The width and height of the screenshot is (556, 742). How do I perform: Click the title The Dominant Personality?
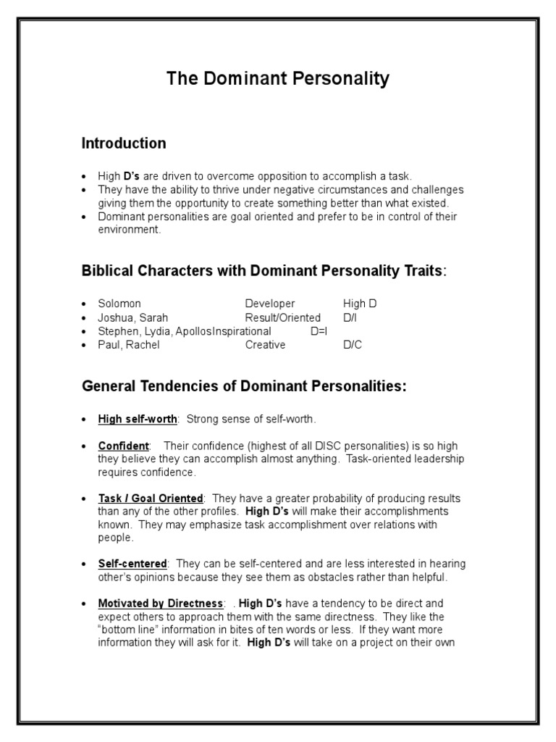tap(278, 78)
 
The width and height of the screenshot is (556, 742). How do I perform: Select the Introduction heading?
tap(124, 143)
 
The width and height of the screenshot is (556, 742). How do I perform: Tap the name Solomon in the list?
tap(119, 304)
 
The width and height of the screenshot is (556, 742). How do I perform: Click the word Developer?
tap(269, 304)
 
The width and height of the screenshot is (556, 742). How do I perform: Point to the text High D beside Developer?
tap(360, 304)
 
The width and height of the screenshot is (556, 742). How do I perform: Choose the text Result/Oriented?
tap(282, 317)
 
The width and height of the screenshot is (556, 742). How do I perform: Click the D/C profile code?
tap(353, 345)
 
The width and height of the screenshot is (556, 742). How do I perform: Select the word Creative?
tap(265, 345)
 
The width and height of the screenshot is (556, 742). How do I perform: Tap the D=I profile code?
tap(319, 331)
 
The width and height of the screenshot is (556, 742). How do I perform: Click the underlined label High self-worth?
tap(138, 419)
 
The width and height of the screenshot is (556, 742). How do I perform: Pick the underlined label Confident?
tap(124, 446)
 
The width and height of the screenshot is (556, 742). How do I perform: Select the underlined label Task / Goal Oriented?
tap(151, 499)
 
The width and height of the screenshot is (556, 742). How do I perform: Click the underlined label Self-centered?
tap(132, 564)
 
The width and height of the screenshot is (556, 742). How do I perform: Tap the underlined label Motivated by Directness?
tap(161, 603)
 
